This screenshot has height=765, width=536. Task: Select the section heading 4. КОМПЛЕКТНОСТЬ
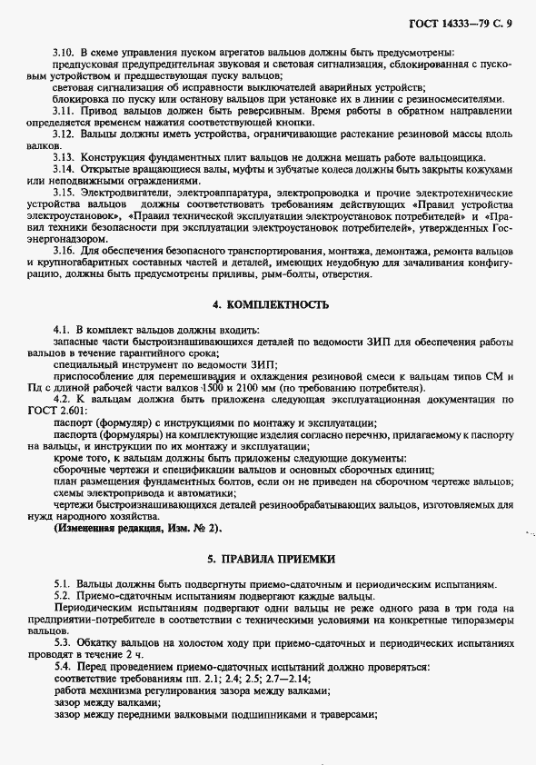tap(270, 304)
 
